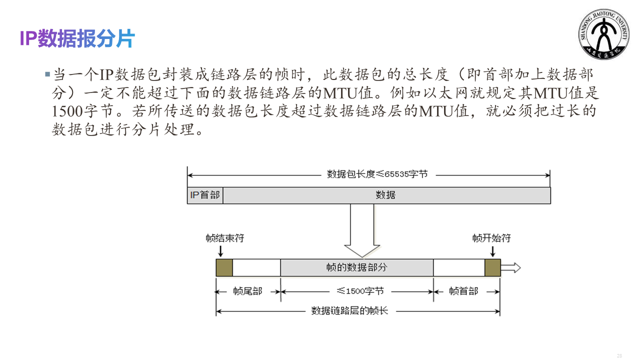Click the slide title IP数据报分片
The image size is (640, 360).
click(x=77, y=39)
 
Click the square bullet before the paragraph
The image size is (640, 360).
click(x=47, y=74)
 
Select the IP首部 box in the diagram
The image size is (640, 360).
click(x=205, y=195)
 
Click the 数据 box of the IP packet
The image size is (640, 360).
click(x=386, y=195)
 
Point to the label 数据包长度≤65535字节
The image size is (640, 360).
click(x=377, y=174)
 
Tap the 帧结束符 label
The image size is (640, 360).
click(x=224, y=238)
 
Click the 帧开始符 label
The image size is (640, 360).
click(x=491, y=238)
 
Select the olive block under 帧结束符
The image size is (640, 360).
click(x=224, y=267)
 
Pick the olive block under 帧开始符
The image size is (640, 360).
click(x=492, y=267)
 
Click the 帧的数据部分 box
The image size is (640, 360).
click(x=356, y=267)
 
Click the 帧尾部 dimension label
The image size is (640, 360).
click(x=247, y=291)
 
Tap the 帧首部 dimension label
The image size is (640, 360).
click(x=463, y=291)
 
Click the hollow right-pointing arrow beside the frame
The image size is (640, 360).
click(x=510, y=267)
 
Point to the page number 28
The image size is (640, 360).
click(x=619, y=355)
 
